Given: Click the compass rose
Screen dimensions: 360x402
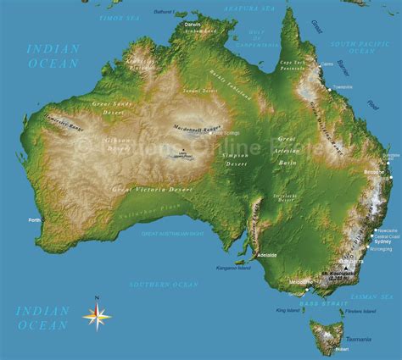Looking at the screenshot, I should pos(97,315).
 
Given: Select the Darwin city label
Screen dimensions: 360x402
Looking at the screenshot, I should pos(193,24).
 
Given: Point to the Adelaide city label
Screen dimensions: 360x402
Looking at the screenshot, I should pos(268,253).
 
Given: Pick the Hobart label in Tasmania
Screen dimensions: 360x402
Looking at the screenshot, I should pos(342,348).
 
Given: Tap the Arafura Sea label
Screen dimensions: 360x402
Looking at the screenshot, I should pos(248,7).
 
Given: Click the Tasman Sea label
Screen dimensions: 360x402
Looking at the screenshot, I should pos(374,296).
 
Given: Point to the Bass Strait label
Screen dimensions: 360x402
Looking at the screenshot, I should pos(324,302).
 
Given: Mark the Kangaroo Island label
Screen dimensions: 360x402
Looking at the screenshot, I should pos(234,269).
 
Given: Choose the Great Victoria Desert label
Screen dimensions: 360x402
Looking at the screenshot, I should pos(152,189).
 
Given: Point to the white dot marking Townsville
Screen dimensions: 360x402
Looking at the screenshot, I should pos(330,87).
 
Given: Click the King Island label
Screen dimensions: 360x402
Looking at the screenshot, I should pos(288,311).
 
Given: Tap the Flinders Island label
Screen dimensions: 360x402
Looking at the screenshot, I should pos(360,311).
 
